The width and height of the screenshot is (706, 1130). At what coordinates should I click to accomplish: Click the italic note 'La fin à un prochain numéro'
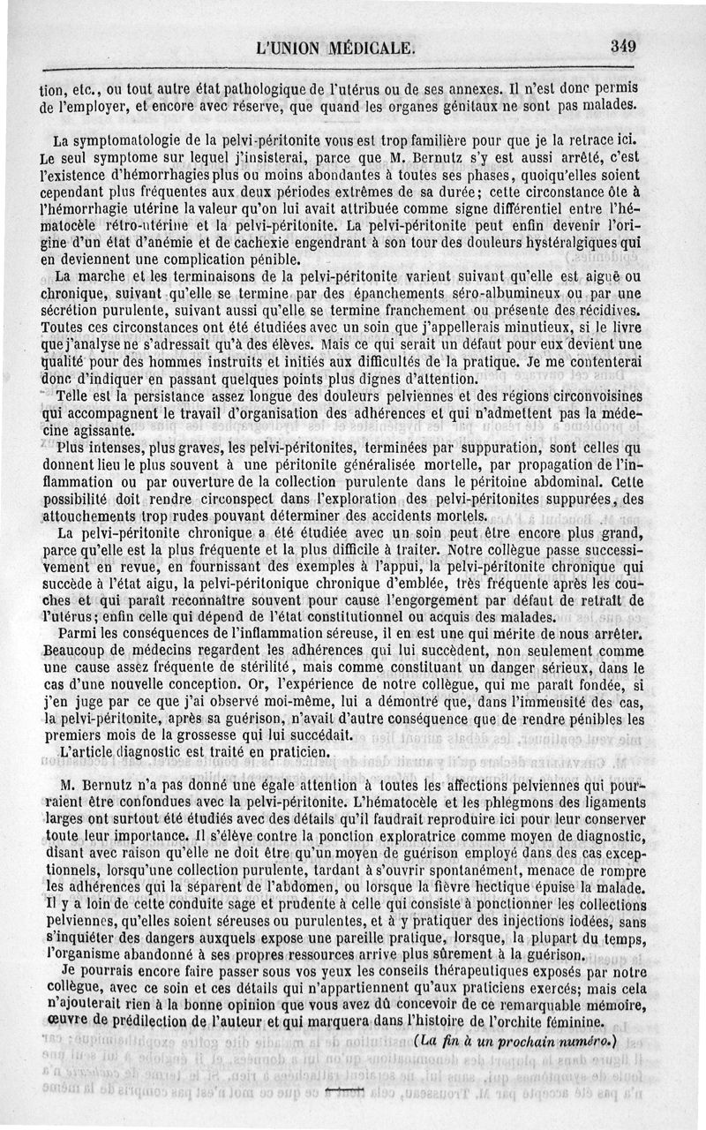(517, 1041)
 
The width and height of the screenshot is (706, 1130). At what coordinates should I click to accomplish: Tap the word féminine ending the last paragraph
(576, 1023)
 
